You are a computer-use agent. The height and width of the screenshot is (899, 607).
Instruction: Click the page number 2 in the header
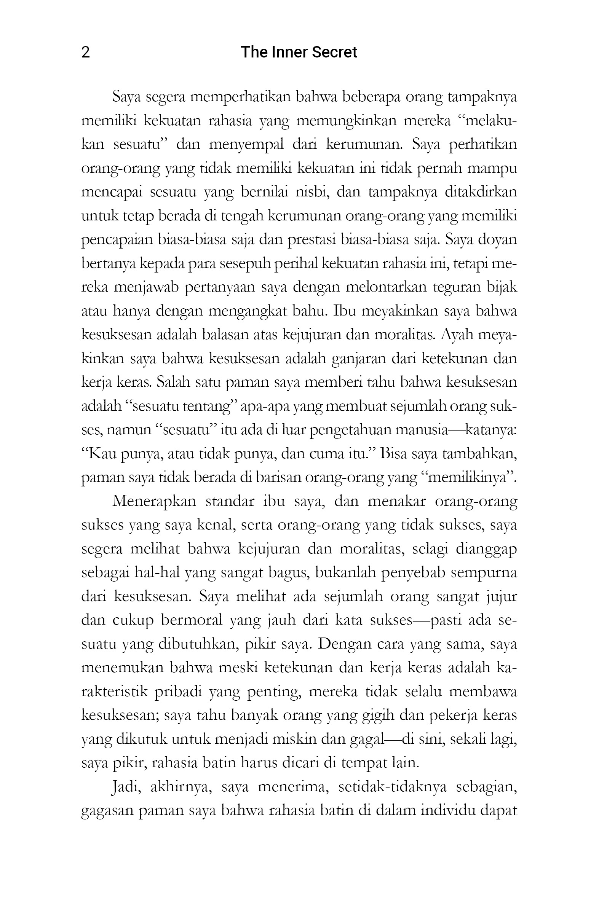click(x=86, y=52)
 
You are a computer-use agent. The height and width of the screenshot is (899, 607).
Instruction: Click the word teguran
click(x=457, y=287)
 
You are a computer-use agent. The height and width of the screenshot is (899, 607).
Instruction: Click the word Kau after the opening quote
click(x=102, y=454)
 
